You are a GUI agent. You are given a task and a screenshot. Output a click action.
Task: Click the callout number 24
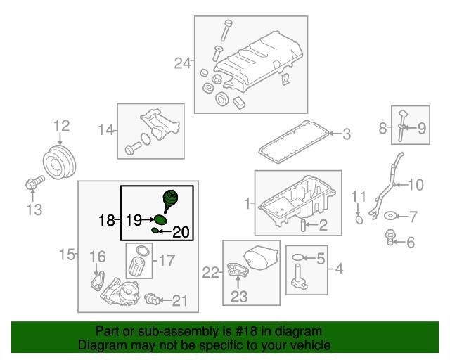click(x=183, y=63)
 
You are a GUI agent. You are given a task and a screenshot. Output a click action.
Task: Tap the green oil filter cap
click(x=170, y=200)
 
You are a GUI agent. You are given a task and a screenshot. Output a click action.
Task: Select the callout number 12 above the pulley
click(x=62, y=126)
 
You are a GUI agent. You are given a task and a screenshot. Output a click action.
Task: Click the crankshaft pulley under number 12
click(x=59, y=162)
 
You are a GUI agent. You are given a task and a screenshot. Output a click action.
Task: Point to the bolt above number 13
click(x=34, y=182)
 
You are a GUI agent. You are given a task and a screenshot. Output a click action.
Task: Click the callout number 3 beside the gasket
click(x=347, y=134)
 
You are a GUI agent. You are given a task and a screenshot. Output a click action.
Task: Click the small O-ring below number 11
click(x=359, y=220)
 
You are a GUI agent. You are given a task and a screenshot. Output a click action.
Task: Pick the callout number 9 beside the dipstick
click(x=421, y=128)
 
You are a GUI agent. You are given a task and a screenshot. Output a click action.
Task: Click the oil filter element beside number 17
click(x=136, y=266)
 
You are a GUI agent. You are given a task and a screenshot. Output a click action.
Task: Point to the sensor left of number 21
click(x=152, y=299)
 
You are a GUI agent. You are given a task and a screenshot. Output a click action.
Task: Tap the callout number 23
click(x=239, y=297)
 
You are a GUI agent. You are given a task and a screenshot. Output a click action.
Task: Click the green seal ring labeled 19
click(x=160, y=220)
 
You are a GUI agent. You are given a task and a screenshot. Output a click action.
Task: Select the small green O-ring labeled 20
click(x=155, y=230)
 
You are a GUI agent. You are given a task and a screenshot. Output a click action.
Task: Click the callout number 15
click(x=67, y=255)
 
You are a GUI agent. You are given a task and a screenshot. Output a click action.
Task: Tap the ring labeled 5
click(x=297, y=257)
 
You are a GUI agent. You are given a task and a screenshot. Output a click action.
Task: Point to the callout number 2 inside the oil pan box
click(x=323, y=225)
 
